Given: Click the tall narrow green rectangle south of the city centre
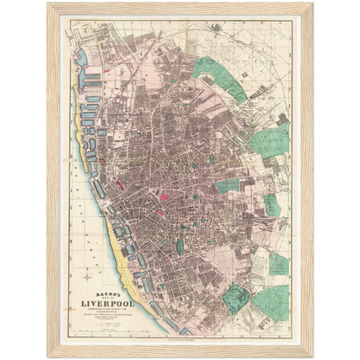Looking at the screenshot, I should point(180,246).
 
